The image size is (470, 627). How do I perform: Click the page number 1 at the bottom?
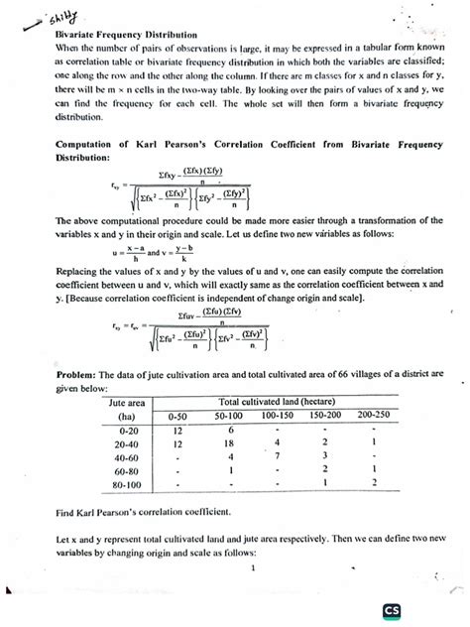pos(254,568)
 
